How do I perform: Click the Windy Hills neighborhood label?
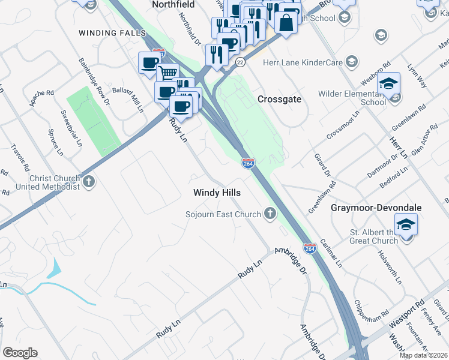click(217, 193)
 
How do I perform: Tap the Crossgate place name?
click(279, 99)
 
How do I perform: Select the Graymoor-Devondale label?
click(376, 208)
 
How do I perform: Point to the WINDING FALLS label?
click(112, 32)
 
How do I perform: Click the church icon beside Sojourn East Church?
click(270, 214)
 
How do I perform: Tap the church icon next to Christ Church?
click(89, 181)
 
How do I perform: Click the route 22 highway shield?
click(240, 62)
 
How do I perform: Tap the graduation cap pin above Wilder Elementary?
click(388, 83)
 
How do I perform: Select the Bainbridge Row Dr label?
click(95, 82)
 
